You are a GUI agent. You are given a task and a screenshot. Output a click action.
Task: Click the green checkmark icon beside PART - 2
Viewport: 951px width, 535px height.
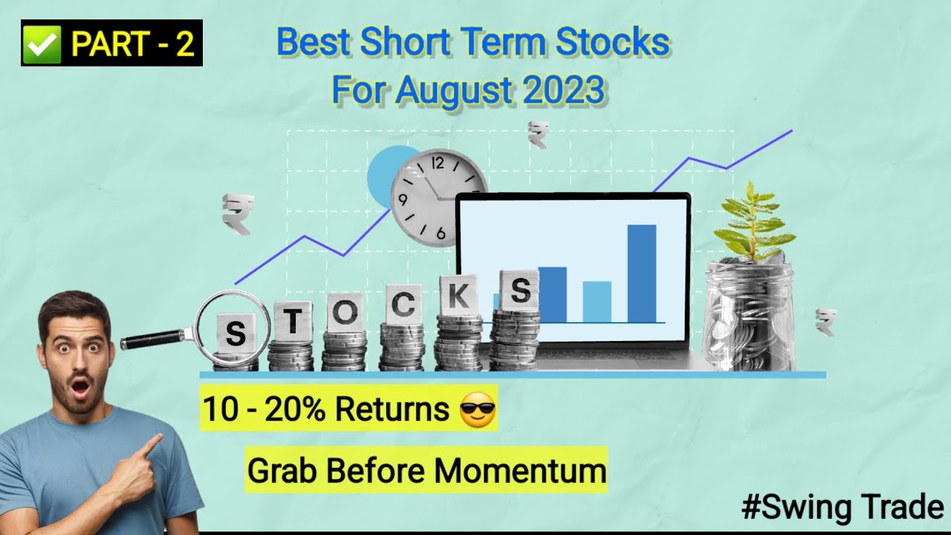[44, 44]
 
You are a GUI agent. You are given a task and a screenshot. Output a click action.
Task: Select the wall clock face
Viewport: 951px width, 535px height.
[438, 198]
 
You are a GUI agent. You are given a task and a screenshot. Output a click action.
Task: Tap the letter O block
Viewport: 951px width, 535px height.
[344, 312]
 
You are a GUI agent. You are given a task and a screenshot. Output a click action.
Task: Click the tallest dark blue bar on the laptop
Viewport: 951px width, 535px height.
[641, 273]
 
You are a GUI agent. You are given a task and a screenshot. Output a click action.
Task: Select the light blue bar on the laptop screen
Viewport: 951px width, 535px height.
[597, 301]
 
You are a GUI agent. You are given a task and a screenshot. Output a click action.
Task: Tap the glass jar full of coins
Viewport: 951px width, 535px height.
[748, 316]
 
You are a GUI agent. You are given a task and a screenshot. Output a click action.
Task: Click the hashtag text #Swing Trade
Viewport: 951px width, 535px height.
[842, 508]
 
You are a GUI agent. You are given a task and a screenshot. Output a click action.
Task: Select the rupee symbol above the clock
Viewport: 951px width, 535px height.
[538, 134]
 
